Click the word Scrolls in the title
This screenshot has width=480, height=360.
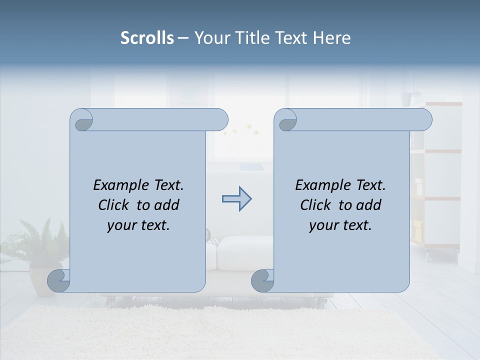coord(147,38)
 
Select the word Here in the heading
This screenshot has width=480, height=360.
coord(332,38)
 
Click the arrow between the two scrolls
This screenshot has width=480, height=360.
coord(236,199)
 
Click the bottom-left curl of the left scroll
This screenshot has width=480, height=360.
coord(58,280)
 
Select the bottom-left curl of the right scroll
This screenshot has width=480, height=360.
coord(262,280)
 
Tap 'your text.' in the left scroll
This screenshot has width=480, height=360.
coord(138,225)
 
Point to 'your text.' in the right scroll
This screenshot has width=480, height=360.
coord(340,225)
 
